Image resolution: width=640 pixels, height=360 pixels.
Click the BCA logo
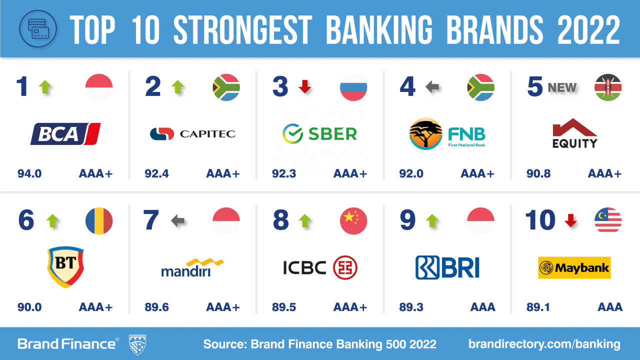[65, 133]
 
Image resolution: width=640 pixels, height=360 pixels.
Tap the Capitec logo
[193, 133]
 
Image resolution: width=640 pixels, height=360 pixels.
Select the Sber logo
[319, 133]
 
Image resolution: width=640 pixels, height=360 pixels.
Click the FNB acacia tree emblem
[425, 133]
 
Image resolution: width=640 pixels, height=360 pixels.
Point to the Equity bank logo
[575, 133]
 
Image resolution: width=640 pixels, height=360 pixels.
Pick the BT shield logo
[65, 267]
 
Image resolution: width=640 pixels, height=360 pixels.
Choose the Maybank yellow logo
[574, 267]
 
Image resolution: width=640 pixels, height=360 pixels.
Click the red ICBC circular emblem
[345, 267]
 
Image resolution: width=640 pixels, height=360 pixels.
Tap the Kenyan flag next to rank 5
[608, 87]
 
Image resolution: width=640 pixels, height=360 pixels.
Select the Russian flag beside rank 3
[353, 87]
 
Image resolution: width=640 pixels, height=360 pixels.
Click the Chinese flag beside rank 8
[353, 221]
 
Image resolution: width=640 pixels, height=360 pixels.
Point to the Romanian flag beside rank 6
[99, 221]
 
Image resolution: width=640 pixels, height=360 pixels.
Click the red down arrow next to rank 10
[570, 220]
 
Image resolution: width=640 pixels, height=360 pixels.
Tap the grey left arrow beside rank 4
[432, 86]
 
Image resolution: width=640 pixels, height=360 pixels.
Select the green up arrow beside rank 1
[45, 87]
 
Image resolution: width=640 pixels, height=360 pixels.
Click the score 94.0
[29, 173]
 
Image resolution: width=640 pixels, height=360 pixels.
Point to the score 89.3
[411, 307]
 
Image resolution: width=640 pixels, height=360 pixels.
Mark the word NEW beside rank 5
[562, 87]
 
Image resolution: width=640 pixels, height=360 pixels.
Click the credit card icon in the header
[38, 28]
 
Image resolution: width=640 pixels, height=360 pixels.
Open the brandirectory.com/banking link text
[544, 344]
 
